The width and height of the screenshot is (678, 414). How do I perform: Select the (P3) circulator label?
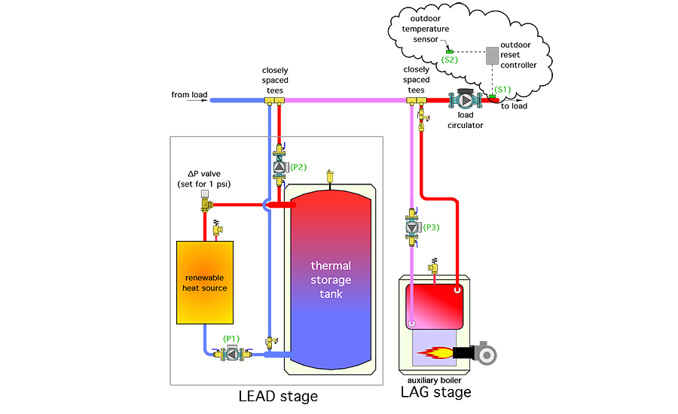431,227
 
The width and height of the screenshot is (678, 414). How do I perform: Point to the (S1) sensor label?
502,89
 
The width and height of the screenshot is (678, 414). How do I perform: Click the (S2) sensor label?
450,58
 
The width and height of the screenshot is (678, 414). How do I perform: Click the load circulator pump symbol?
465,101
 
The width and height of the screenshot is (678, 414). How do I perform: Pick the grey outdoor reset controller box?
493,56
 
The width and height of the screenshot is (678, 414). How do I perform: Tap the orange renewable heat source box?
204,281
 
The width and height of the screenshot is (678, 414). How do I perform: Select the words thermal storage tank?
331,279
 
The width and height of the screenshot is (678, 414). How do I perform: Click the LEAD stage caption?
277,396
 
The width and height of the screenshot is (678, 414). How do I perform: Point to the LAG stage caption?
437,392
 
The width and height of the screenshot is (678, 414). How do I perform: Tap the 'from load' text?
188,95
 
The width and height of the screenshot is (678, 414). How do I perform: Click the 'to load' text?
515,106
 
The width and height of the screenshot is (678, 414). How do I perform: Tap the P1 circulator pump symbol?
228,353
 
